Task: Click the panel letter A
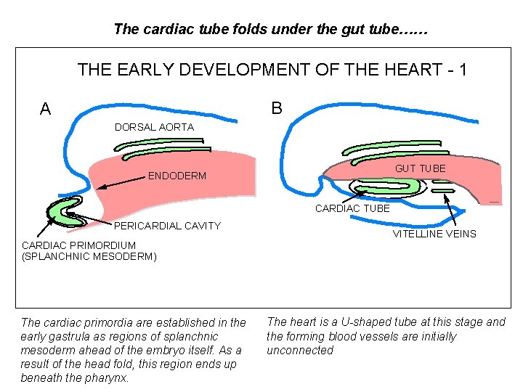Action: [x=46, y=109]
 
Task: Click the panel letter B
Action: [x=277, y=108]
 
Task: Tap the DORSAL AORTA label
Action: [x=154, y=127]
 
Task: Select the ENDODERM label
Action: [x=177, y=176]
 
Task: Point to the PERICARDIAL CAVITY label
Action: [x=167, y=226]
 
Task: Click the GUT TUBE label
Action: [x=420, y=168]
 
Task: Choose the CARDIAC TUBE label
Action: [x=352, y=208]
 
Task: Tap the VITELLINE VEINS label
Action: [x=434, y=234]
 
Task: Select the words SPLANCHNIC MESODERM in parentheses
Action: [x=89, y=256]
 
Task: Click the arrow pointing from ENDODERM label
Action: [x=120, y=182]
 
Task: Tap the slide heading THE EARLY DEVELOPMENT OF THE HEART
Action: [x=272, y=70]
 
